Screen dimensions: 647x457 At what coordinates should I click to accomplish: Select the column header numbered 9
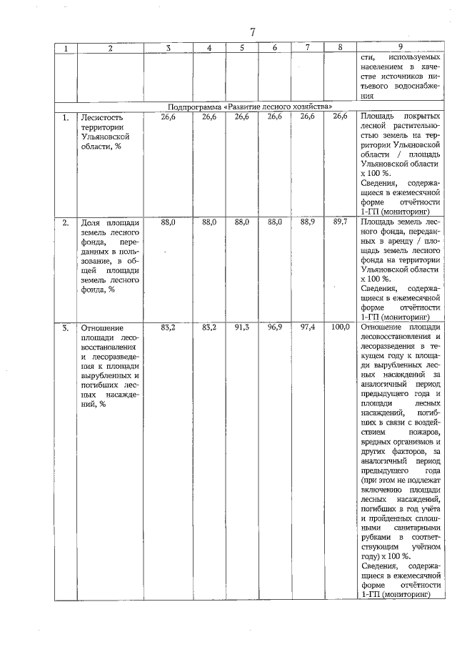(x=400, y=48)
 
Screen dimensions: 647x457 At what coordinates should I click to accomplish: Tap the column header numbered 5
(x=242, y=48)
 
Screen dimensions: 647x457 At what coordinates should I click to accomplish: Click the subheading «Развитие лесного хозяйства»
(x=250, y=106)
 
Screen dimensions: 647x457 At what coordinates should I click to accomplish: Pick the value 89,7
(x=340, y=223)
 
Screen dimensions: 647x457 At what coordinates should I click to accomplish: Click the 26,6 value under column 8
(x=340, y=116)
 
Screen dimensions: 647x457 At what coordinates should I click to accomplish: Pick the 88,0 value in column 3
(x=168, y=223)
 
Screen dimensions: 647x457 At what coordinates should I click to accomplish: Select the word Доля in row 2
(x=90, y=223)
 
